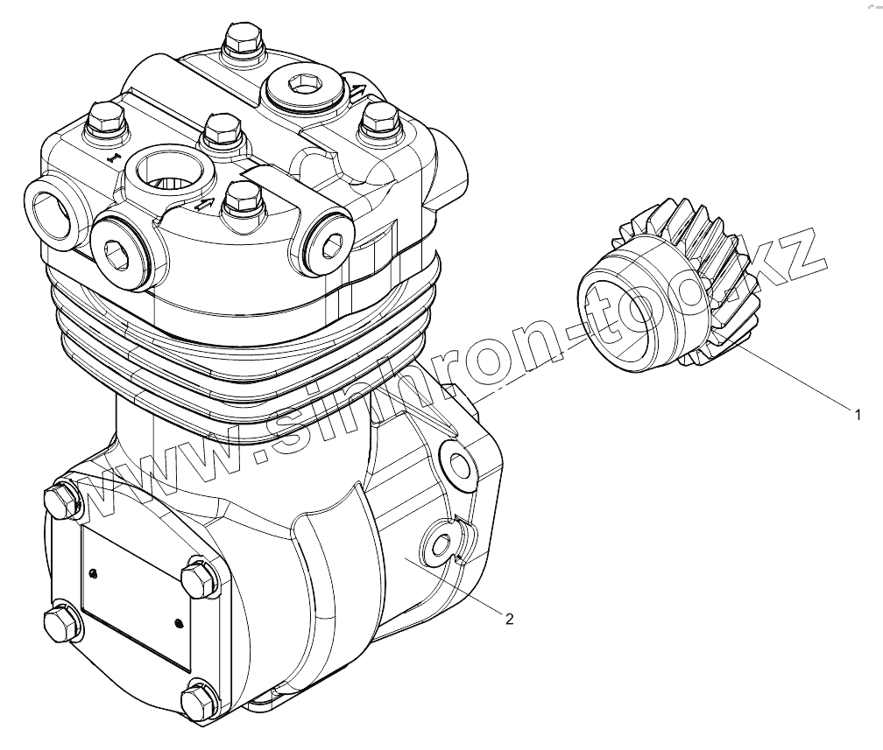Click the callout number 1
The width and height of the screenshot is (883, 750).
point(858,415)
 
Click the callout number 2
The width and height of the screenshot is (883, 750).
point(510,620)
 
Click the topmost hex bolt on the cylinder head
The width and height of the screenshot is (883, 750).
point(243,42)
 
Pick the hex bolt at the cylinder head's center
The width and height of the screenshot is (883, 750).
point(223,129)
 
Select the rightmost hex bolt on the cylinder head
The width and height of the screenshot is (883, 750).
point(379,121)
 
